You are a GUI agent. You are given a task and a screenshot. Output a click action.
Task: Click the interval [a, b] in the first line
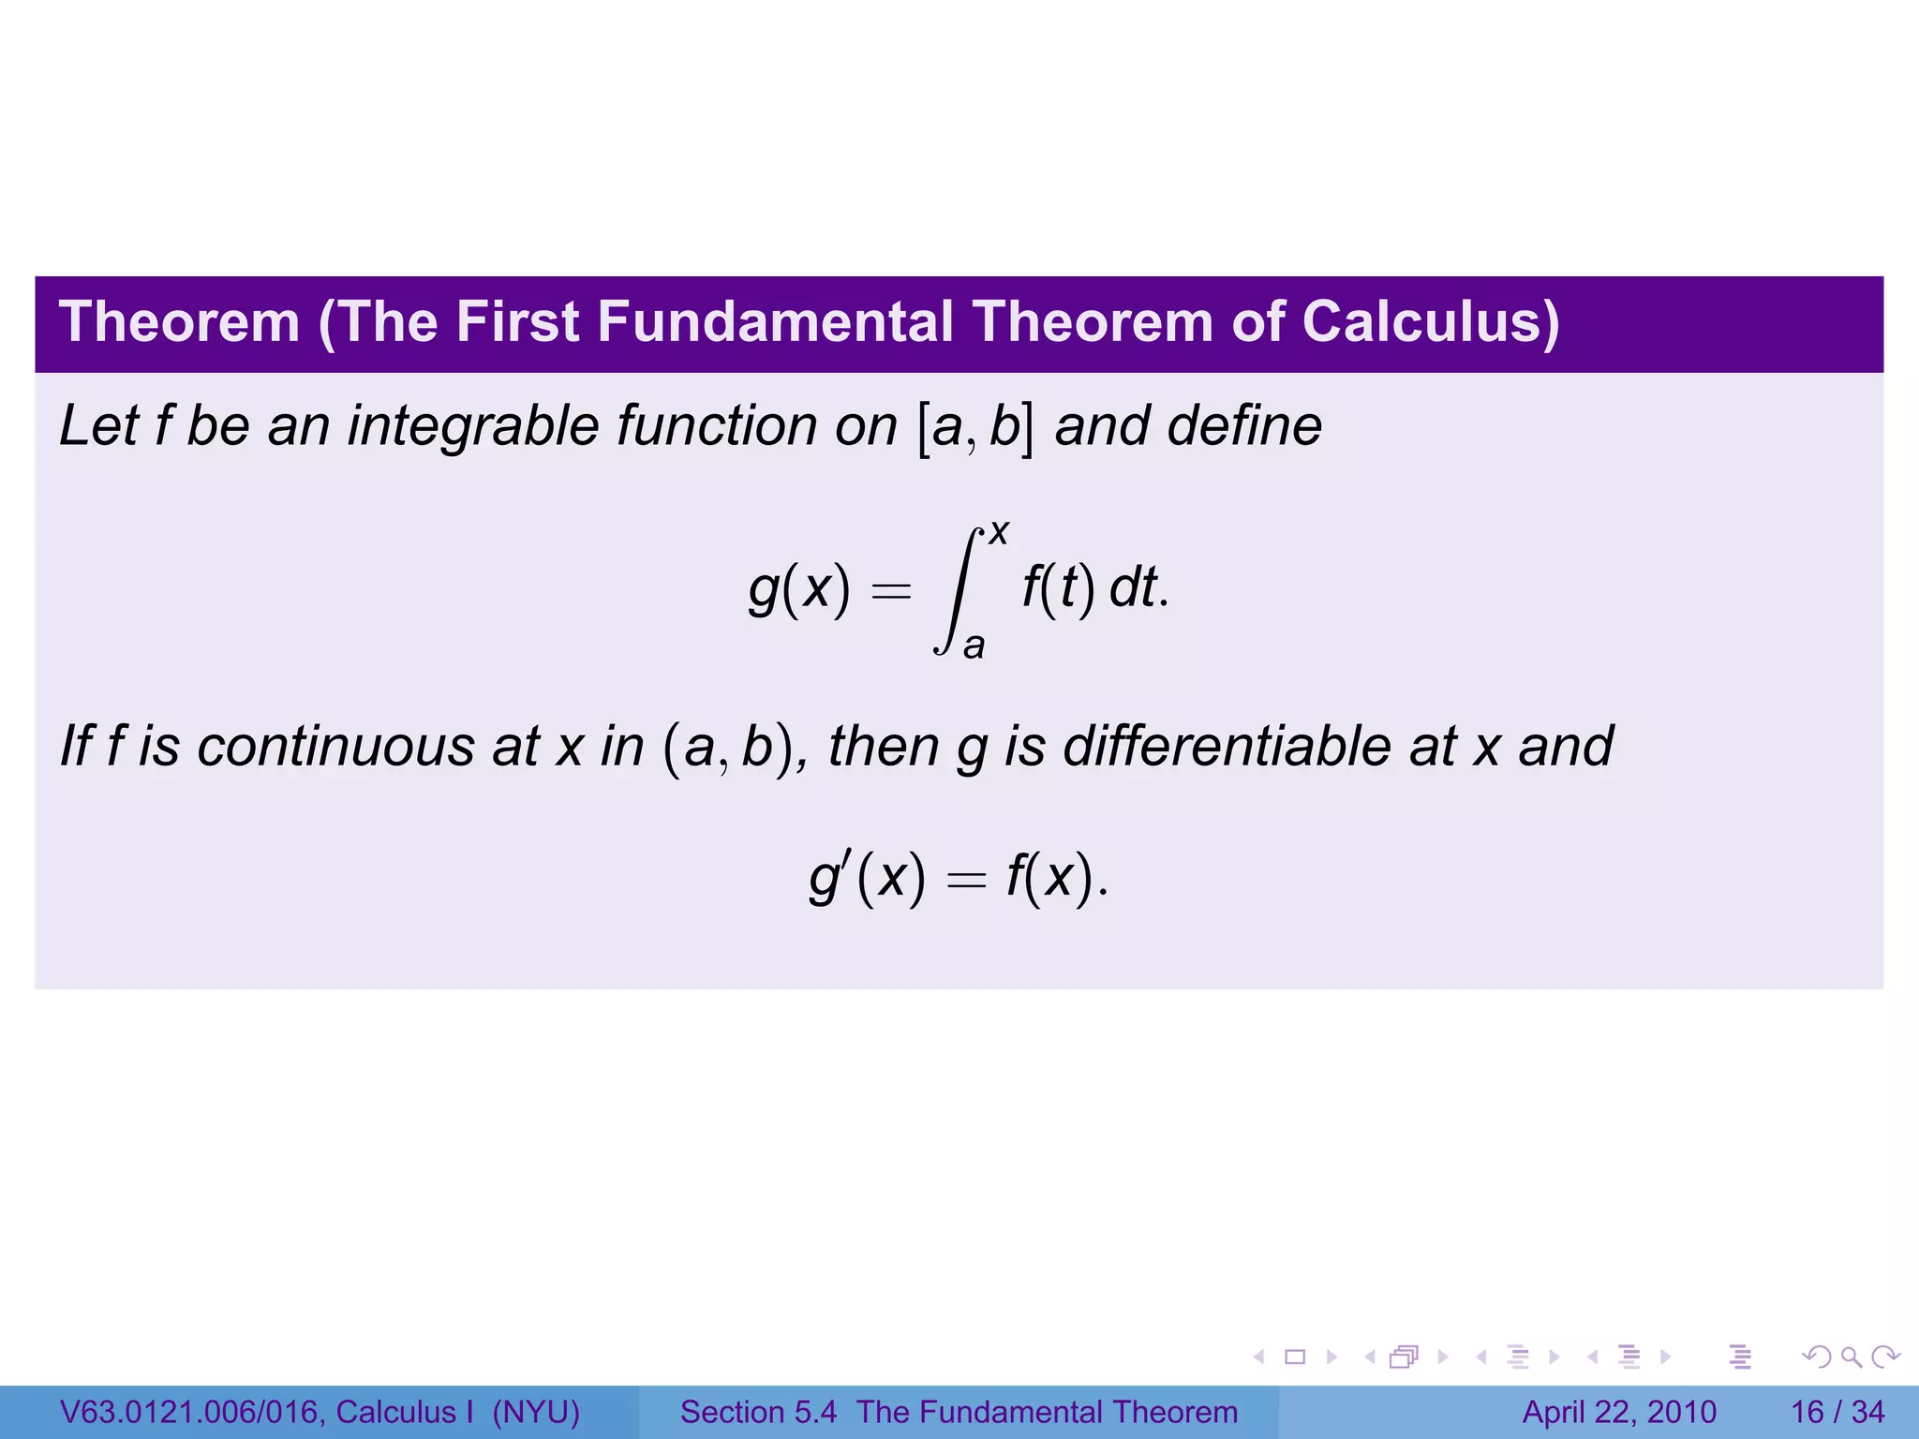tap(975, 428)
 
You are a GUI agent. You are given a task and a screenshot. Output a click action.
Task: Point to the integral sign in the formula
tap(957, 590)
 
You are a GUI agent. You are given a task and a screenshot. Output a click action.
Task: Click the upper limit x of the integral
tap(999, 533)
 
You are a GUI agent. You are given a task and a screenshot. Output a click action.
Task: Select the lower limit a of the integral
tap(974, 645)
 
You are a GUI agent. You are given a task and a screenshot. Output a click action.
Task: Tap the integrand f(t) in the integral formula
tap(1058, 589)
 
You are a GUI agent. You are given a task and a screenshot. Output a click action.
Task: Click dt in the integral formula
tap(1133, 589)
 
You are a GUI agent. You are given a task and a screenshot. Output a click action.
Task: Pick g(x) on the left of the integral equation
tap(799, 590)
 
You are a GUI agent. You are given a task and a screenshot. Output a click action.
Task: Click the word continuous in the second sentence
tap(336, 747)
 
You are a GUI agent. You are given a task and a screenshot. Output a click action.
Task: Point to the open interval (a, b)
tap(731, 749)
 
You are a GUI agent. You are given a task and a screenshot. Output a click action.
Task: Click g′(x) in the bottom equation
tap(867, 879)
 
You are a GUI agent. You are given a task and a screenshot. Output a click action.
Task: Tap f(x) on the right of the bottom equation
tap(1051, 879)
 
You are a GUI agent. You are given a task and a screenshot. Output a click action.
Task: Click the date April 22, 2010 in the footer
tap(1619, 1412)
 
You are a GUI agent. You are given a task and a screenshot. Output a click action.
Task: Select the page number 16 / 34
tap(1837, 1412)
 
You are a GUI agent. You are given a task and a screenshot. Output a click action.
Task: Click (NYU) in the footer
tap(536, 1412)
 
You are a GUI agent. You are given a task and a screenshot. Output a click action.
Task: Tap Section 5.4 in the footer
tap(758, 1412)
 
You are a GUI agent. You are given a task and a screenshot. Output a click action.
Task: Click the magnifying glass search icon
tap(1851, 1357)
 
